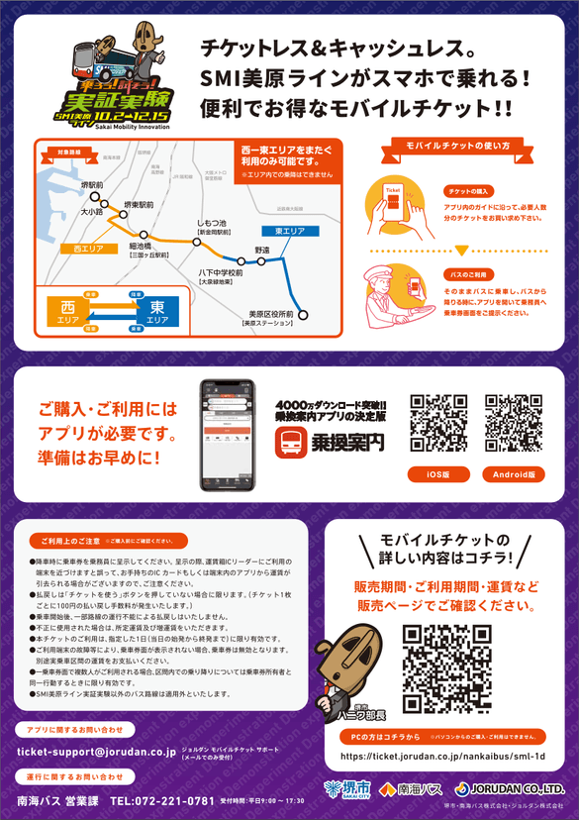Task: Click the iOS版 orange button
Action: [x=438, y=474]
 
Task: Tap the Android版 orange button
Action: [x=514, y=474]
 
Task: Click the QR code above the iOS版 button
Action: [x=438, y=423]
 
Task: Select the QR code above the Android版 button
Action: [x=514, y=423]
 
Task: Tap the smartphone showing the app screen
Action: [x=228, y=432]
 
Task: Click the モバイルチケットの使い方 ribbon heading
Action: [x=458, y=146]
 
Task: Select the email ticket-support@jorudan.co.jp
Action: [x=96, y=752]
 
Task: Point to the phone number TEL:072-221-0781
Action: [x=163, y=799]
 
